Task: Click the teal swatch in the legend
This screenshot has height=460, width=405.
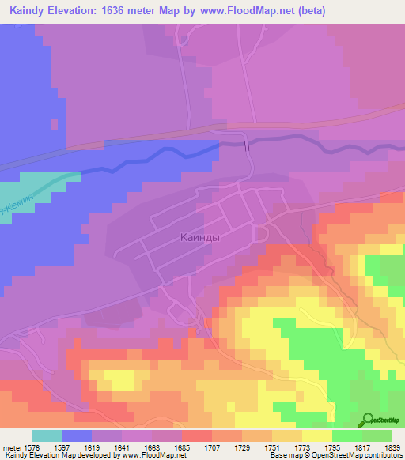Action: (47, 435)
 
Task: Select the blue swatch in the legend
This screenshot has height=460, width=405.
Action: (77, 435)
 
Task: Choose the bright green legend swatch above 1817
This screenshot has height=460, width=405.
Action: (347, 435)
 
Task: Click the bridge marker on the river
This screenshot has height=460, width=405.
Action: (248, 144)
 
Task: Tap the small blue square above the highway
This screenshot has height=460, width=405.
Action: (54, 124)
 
